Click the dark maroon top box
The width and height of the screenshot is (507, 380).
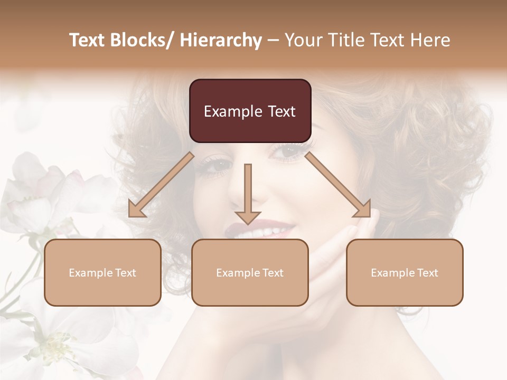point(250,111)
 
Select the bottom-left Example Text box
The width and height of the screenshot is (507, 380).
point(102,272)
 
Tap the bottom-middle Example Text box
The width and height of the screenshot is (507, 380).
point(250,272)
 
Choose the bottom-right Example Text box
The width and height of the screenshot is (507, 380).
point(405,272)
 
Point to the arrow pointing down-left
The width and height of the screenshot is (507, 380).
point(161,185)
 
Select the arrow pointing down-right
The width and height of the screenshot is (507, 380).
point(339,185)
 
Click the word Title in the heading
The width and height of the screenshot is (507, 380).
point(348,40)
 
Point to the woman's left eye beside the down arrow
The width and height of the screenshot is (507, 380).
point(218,165)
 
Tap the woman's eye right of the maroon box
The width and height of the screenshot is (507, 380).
point(289,151)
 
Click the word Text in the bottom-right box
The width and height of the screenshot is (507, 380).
point(427,273)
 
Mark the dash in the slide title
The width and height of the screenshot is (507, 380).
point(273,40)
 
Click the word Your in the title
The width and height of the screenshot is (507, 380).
point(302,40)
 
